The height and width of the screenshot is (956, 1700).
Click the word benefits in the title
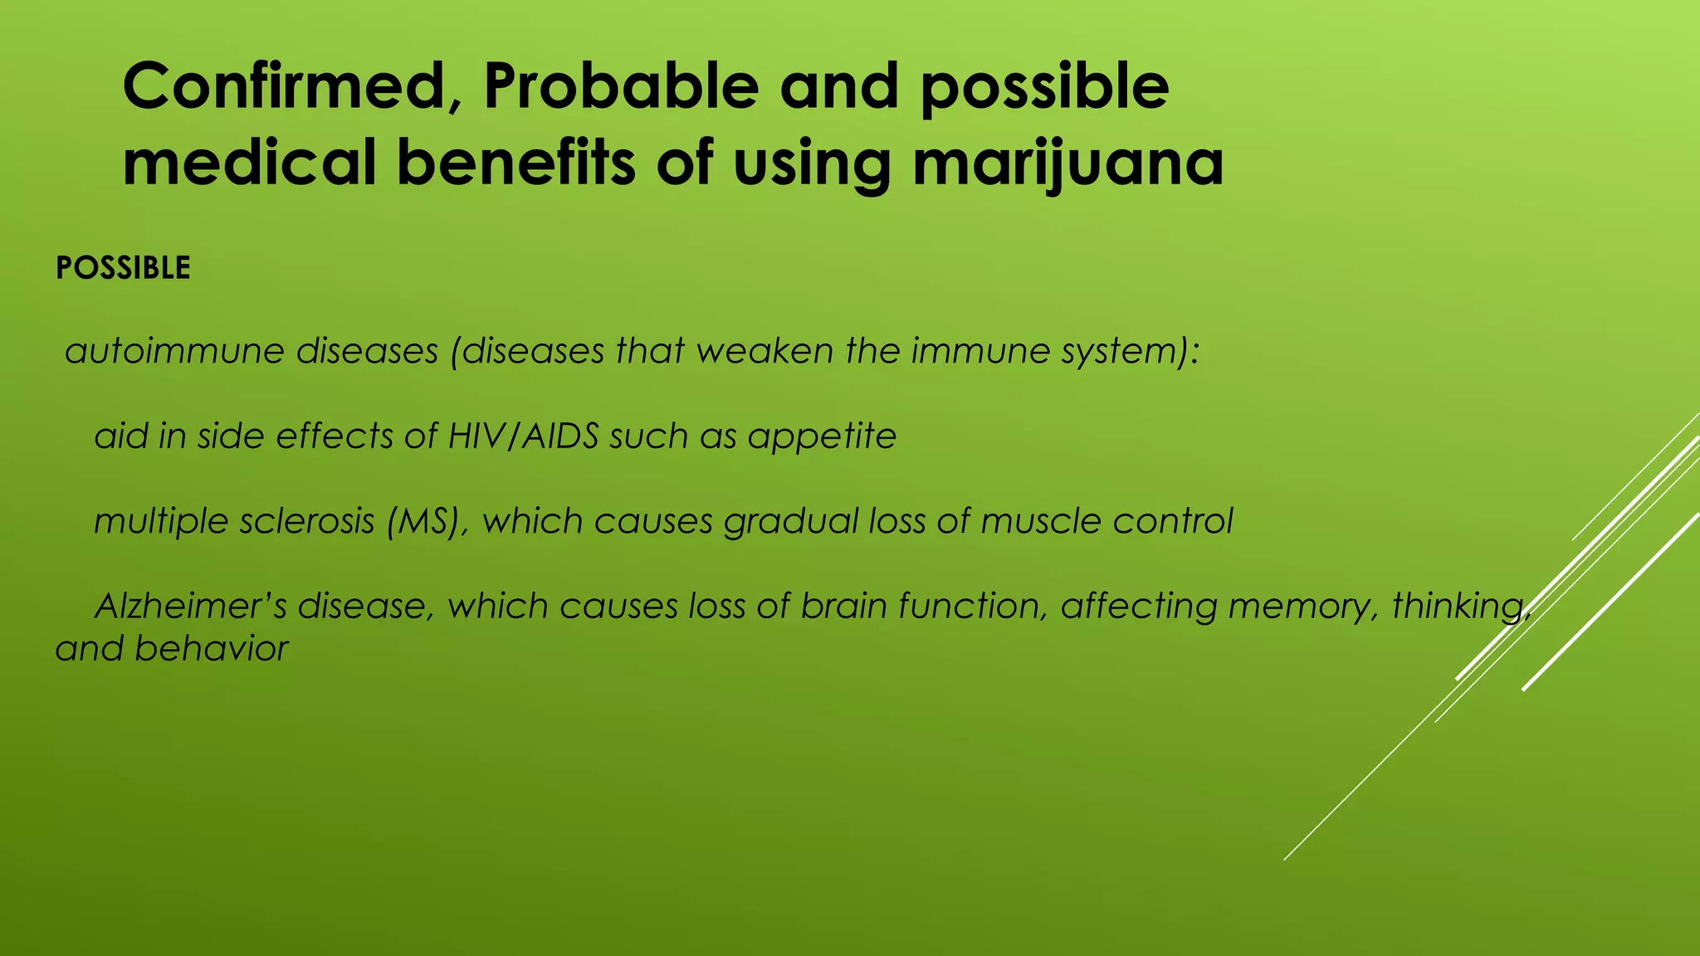[x=515, y=162]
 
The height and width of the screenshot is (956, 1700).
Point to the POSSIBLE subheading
[x=123, y=268]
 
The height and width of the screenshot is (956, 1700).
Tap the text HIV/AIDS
[x=523, y=436]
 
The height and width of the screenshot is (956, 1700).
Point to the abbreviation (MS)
[x=427, y=521]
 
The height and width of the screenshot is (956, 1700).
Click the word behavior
[x=211, y=649]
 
